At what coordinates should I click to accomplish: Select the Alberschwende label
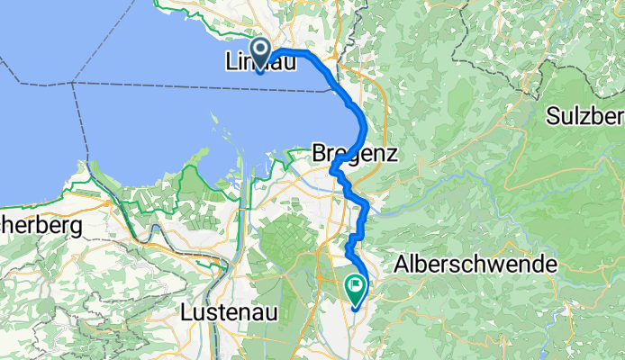pos(476,265)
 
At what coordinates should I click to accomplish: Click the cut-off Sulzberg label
pos(585,117)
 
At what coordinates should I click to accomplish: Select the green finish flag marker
pos(355,290)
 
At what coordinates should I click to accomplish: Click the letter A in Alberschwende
pos(402,265)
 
